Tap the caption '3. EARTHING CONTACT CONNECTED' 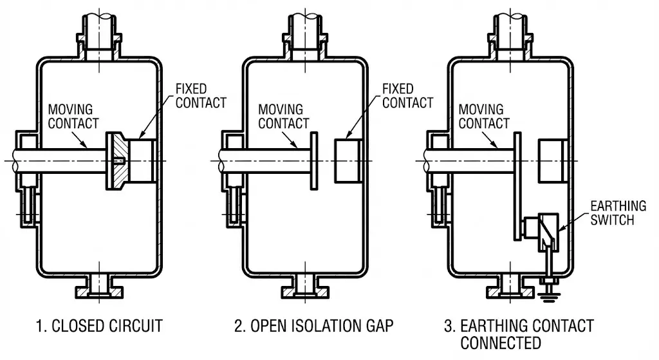(519, 333)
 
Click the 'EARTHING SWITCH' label (618, 213)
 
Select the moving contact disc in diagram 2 (313, 160)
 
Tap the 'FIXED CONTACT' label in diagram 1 (201, 95)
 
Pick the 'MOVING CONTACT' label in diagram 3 (484, 117)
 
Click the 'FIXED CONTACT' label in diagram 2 (407, 95)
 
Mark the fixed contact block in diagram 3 (552, 160)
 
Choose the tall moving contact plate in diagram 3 (517, 183)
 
